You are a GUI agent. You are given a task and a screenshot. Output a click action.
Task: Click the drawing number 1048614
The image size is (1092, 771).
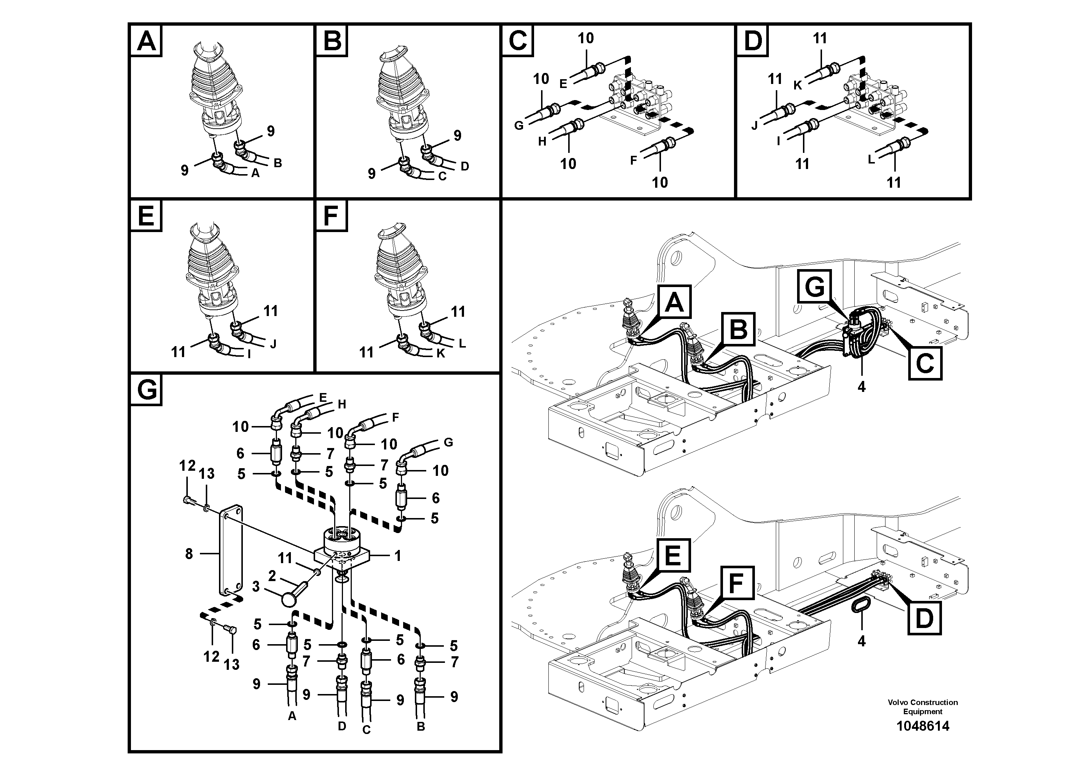(922, 726)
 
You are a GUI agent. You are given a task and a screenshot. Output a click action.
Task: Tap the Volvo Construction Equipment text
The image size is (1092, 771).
(922, 707)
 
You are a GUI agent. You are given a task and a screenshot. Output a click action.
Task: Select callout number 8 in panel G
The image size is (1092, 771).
(189, 554)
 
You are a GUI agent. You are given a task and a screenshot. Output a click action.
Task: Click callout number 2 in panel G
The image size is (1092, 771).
(272, 576)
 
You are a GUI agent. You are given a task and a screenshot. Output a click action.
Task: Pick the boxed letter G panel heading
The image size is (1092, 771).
(146, 390)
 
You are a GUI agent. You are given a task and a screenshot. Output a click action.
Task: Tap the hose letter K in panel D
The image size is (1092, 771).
(797, 85)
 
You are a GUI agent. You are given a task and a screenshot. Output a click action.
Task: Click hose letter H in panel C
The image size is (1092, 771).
(542, 142)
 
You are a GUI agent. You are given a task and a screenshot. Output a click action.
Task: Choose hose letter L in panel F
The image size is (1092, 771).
(462, 343)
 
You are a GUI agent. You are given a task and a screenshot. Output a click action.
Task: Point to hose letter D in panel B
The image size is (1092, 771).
(465, 166)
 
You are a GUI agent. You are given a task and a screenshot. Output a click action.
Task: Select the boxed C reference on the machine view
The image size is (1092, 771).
(925, 363)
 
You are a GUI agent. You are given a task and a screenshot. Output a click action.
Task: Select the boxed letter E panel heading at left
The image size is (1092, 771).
(146, 216)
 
